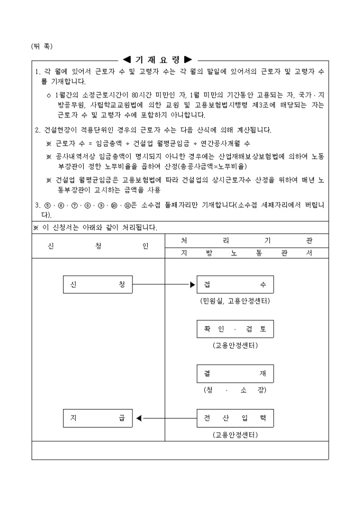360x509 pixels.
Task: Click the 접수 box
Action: (235, 285)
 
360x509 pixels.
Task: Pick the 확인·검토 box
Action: (235, 329)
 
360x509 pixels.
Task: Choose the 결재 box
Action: (235, 374)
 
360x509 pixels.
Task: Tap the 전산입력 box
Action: (235, 418)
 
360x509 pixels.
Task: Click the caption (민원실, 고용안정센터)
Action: (235, 301)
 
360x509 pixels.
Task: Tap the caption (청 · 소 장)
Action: (235, 390)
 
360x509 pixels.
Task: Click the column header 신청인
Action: (98, 247)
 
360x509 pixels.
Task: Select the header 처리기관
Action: (246, 240)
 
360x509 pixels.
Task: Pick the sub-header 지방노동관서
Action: (246, 253)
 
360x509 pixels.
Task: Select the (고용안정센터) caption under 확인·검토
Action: (235, 346)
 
